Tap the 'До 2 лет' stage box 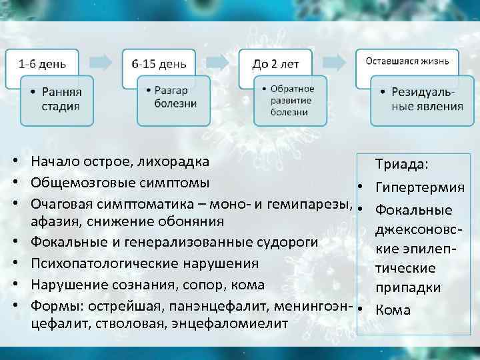pyautogui.click(x=275, y=65)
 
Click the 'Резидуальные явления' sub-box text pyautogui.click(x=426, y=98)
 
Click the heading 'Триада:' pyautogui.click(x=401, y=164)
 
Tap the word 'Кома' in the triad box pyautogui.click(x=393, y=310)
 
